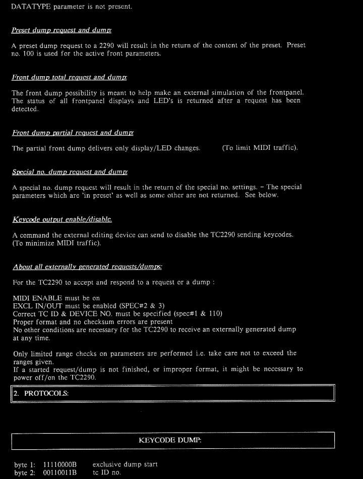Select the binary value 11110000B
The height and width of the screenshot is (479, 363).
(60, 464)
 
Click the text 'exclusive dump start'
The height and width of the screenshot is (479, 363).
(125, 464)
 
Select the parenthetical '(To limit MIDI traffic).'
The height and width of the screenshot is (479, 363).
(260, 148)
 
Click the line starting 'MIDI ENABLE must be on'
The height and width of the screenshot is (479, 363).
(55, 298)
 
